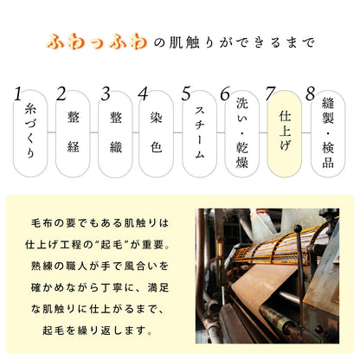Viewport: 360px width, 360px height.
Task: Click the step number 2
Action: tap(61, 94)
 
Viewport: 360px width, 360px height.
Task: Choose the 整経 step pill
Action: tap(73, 134)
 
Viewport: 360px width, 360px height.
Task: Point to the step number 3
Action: tap(105, 94)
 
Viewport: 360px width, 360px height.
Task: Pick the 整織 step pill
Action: tap(116, 134)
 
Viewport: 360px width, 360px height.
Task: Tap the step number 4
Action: tap(145, 94)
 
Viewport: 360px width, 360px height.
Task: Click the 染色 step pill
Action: tap(157, 134)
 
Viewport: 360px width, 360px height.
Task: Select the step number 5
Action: tap(187, 94)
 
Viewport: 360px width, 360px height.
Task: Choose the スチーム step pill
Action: tap(200, 134)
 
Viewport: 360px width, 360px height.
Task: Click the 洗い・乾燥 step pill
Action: tap(242, 134)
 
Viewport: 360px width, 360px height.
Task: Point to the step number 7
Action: tap(271, 94)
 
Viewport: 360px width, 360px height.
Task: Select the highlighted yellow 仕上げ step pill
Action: tap(286, 134)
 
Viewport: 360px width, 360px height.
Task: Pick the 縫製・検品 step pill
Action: tap(327, 134)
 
